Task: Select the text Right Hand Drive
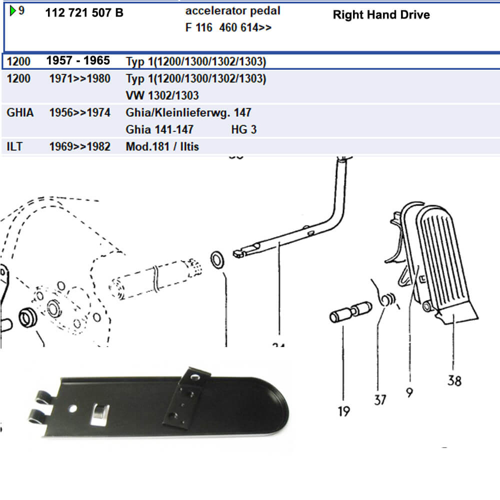coord(381,14)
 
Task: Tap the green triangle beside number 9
coord(13,10)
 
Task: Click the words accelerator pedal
coord(232,10)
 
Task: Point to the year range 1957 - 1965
coord(78,60)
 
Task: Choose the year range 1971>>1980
coord(80,78)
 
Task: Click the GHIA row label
coord(20,112)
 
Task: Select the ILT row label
coord(15,147)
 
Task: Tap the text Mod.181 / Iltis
coord(162,147)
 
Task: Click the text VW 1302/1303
coord(162,95)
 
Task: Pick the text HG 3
coord(244,129)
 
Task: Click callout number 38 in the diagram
coord(454,381)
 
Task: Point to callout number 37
coord(380,399)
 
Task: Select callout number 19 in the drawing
coord(343,411)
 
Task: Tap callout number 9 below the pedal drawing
coord(409,393)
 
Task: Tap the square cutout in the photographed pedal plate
coord(100,412)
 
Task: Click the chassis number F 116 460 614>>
coord(228,28)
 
